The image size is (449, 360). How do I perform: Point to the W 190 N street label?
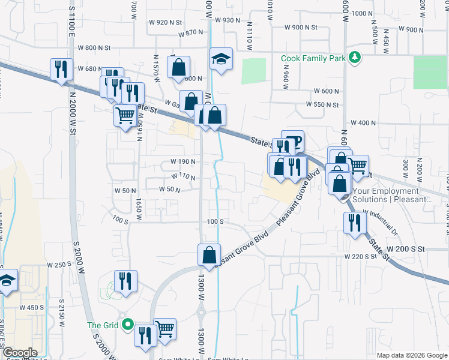click(183, 162)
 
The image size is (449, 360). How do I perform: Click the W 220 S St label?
click(360, 256)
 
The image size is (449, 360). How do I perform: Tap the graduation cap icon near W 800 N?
click(221, 59)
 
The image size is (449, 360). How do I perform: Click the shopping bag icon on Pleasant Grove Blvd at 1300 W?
click(208, 254)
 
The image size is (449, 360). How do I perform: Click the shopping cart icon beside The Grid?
click(164, 328)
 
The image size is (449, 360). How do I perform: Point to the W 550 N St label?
click(322, 105)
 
